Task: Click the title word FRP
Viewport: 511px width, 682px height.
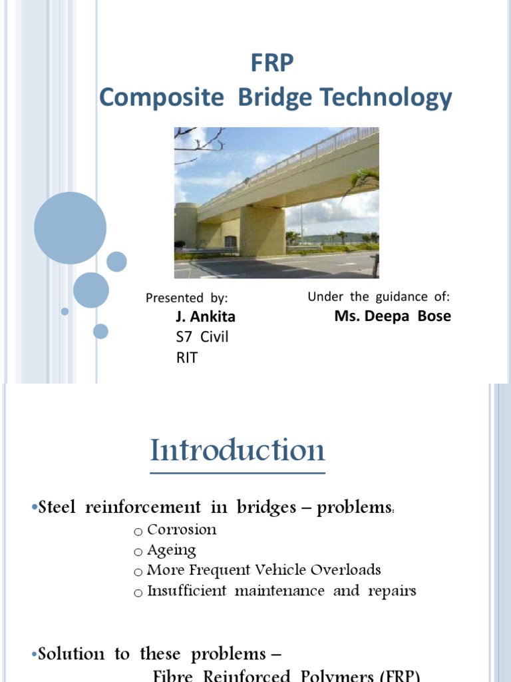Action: click(x=271, y=65)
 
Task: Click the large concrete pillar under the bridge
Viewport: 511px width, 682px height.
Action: click(x=262, y=230)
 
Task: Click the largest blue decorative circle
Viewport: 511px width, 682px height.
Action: click(x=70, y=228)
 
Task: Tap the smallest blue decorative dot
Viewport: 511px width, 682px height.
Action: click(x=65, y=311)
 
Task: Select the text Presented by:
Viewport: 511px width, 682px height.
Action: click(x=187, y=298)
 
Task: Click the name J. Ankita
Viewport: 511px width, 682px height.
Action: click(x=206, y=317)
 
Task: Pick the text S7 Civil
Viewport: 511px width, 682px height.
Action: click(x=202, y=337)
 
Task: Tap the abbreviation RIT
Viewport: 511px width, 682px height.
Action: click(x=187, y=358)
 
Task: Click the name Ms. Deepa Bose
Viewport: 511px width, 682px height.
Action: click(x=393, y=316)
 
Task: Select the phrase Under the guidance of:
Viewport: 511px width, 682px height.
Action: click(x=379, y=297)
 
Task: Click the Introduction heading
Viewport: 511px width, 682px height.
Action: click(x=238, y=451)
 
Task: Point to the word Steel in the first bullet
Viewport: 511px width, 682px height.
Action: click(x=59, y=508)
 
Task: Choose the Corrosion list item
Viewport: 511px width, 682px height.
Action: click(x=182, y=530)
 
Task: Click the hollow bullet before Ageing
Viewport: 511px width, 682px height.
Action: click(x=138, y=552)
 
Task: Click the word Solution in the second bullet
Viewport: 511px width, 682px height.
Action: click(x=67, y=654)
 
